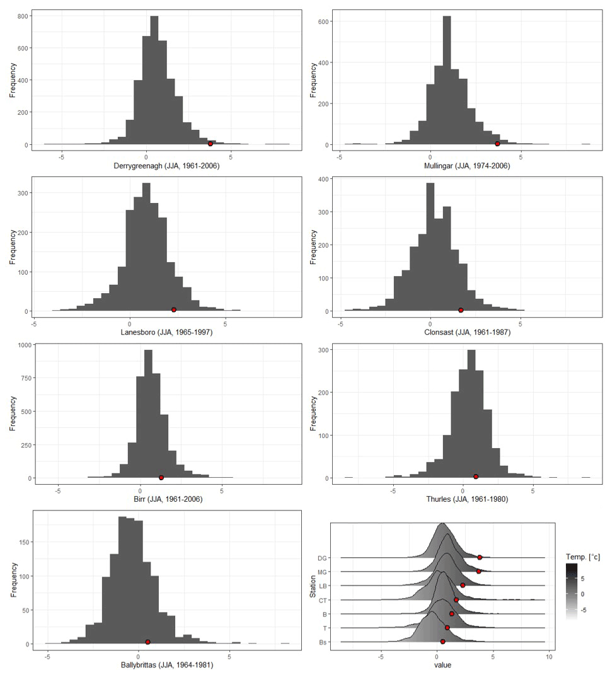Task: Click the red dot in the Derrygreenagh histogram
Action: [210, 144]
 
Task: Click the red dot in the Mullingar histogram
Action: [497, 144]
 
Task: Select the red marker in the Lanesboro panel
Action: [174, 309]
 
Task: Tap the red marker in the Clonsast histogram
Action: [461, 310]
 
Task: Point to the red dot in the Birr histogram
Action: [161, 478]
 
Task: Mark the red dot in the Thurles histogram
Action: [476, 476]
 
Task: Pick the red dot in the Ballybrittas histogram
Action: [147, 642]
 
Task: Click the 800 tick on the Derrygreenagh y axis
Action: [23, 15]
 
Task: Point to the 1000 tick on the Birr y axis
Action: [21, 345]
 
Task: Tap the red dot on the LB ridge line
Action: [463, 586]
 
